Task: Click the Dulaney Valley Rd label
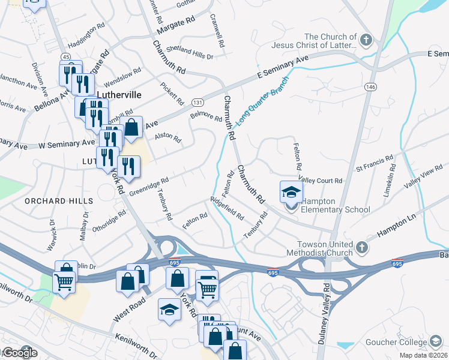tap(327, 311)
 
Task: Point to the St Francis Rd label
tap(375, 164)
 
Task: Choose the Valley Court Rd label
tap(321, 180)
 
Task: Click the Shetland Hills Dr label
tap(190, 53)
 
